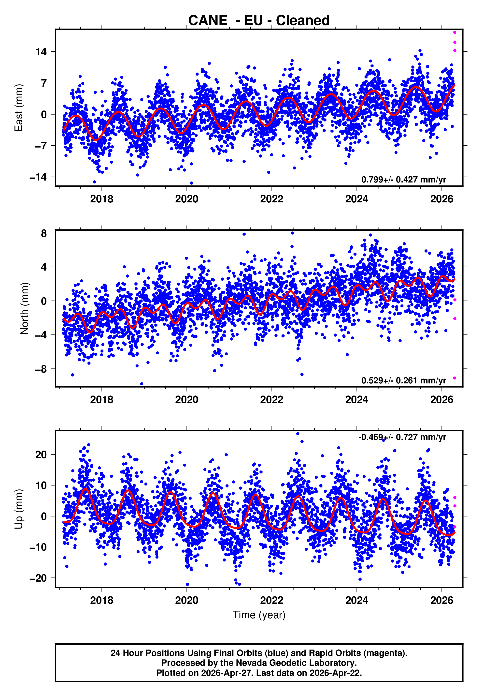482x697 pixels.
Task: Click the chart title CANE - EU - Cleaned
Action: tap(259, 21)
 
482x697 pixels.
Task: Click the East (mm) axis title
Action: tap(19, 108)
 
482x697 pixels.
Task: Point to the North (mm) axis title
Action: tap(25, 308)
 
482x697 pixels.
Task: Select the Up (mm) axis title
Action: tap(19, 509)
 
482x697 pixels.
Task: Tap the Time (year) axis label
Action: tap(259, 615)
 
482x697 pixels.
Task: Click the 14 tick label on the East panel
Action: tap(41, 52)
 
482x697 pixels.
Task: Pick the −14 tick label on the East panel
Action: tap(38, 177)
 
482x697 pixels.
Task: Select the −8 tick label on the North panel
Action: tap(41, 369)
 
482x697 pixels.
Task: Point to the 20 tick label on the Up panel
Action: tap(41, 455)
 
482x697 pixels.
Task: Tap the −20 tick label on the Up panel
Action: tap(38, 578)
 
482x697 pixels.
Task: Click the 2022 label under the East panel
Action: tap(271, 199)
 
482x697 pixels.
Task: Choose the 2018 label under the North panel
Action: tap(101, 400)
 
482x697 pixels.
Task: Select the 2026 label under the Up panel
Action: tap(441, 601)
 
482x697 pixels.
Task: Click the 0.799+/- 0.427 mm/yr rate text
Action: tap(403, 180)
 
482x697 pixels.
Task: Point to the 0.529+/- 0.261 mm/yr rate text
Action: tap(403, 380)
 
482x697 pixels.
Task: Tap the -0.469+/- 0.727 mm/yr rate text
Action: tap(402, 437)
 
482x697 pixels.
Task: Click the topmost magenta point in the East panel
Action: tap(454, 32)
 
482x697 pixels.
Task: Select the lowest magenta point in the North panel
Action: tap(454, 378)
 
